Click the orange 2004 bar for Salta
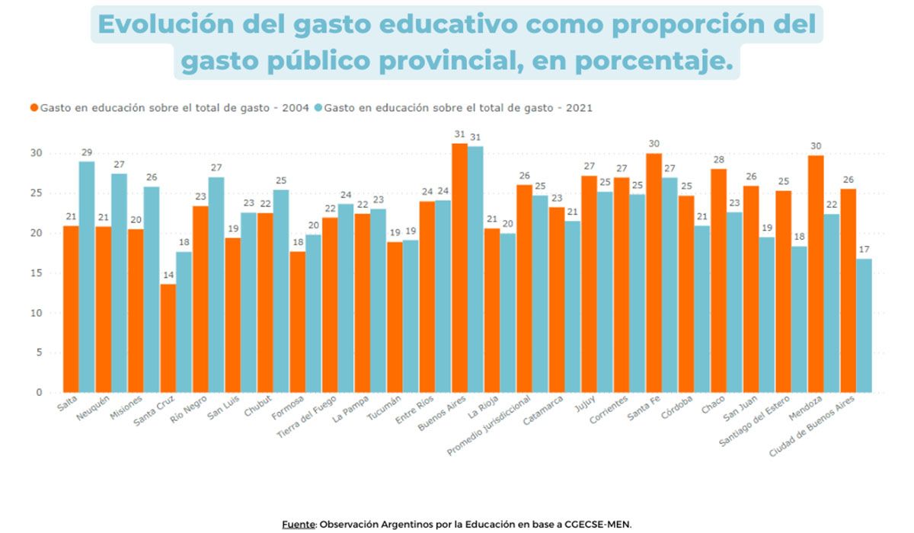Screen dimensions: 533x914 (70, 308)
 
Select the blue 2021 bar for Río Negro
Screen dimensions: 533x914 (216, 285)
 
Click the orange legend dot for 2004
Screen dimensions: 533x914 (34, 108)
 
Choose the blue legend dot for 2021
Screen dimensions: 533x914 (318, 108)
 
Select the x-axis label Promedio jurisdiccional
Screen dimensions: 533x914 (489, 426)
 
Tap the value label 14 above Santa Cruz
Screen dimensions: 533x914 (168, 274)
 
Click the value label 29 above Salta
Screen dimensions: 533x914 (86, 152)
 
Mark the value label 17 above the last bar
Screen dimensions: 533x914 (864, 249)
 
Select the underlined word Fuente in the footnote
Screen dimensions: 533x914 (299, 525)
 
